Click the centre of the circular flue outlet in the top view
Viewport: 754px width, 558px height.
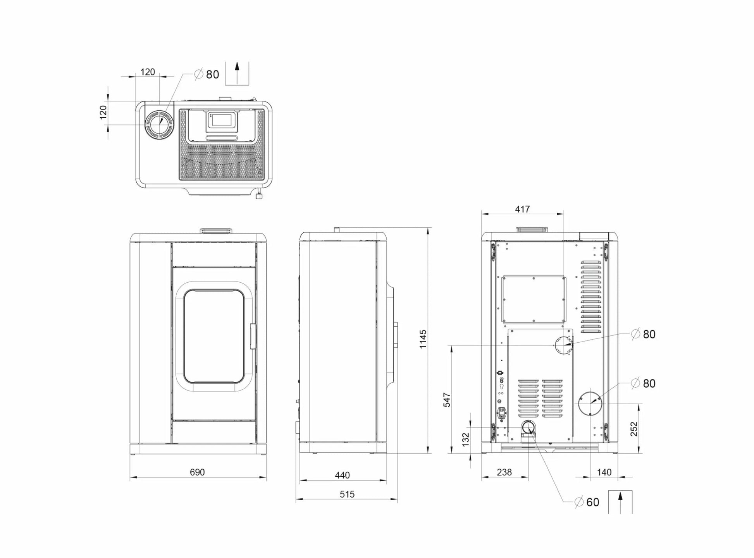pyautogui.click(x=159, y=125)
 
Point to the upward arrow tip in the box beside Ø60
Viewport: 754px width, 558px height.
pyautogui.click(x=620, y=493)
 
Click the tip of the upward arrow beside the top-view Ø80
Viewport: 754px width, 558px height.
pyautogui.click(x=237, y=62)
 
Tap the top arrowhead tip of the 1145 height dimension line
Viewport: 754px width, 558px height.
pyautogui.click(x=428, y=228)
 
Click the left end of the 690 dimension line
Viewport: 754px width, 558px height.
pyautogui.click(x=130, y=477)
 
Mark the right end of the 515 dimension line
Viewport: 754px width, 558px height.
pyautogui.click(x=397, y=500)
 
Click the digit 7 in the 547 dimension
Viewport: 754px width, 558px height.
pyautogui.click(x=447, y=395)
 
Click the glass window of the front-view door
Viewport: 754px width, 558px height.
pyautogui.click(x=214, y=337)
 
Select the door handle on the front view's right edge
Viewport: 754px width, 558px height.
pyautogui.click(x=253, y=337)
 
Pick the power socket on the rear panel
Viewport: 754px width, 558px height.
pyautogui.click(x=502, y=413)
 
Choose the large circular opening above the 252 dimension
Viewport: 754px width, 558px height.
pyautogui.click(x=590, y=403)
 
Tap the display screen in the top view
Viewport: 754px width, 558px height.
pyautogui.click(x=222, y=120)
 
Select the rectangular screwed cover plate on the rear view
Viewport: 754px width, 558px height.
pyautogui.click(x=534, y=299)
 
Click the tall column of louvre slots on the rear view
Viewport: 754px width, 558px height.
pyautogui.click(x=591, y=297)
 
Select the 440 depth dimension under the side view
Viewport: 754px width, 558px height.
pyautogui.click(x=342, y=475)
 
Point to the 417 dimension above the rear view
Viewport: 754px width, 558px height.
pyautogui.click(x=522, y=209)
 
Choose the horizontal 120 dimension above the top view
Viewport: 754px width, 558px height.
pyautogui.click(x=148, y=72)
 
